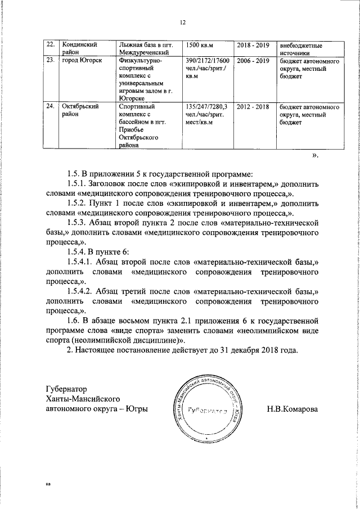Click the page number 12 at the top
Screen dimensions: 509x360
pyautogui.click(x=182, y=22)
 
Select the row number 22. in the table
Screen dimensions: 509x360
pyautogui.click(x=49, y=44)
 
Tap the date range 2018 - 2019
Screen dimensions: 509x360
pyautogui.click(x=253, y=44)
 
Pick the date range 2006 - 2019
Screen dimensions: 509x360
pyautogui.click(x=253, y=60)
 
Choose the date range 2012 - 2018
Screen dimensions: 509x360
pyautogui.click(x=253, y=106)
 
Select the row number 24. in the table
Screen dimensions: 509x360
pyautogui.click(x=49, y=106)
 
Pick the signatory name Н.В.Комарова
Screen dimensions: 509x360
pyautogui.click(x=292, y=409)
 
